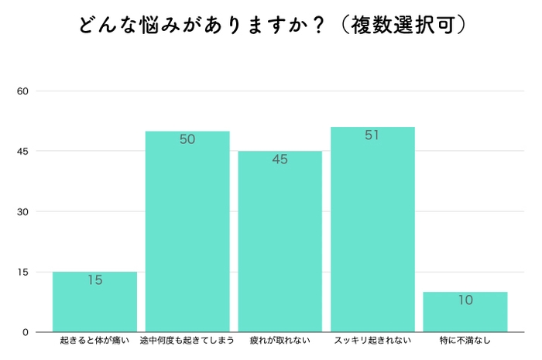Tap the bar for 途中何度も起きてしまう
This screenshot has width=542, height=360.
coord(187,232)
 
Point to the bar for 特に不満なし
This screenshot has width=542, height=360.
coord(465,314)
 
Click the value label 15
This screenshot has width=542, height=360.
coord(94,280)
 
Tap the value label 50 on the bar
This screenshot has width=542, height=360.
coord(187,140)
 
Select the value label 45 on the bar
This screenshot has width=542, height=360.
coord(280,160)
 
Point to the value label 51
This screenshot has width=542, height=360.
coord(372,135)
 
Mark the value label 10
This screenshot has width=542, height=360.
coord(465,300)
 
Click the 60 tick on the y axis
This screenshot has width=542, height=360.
coord(22,91)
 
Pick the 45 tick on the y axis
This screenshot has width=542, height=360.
coord(22,152)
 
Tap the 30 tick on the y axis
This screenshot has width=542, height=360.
coord(22,212)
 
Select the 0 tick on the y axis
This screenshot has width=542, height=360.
coord(26,332)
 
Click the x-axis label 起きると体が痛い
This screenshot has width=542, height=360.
coord(94,341)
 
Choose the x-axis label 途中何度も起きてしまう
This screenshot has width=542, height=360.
coord(187,341)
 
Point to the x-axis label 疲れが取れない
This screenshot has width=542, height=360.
coord(280,341)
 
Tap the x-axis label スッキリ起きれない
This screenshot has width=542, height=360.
coord(372,341)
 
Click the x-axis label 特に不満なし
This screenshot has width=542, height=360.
coord(465,341)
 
